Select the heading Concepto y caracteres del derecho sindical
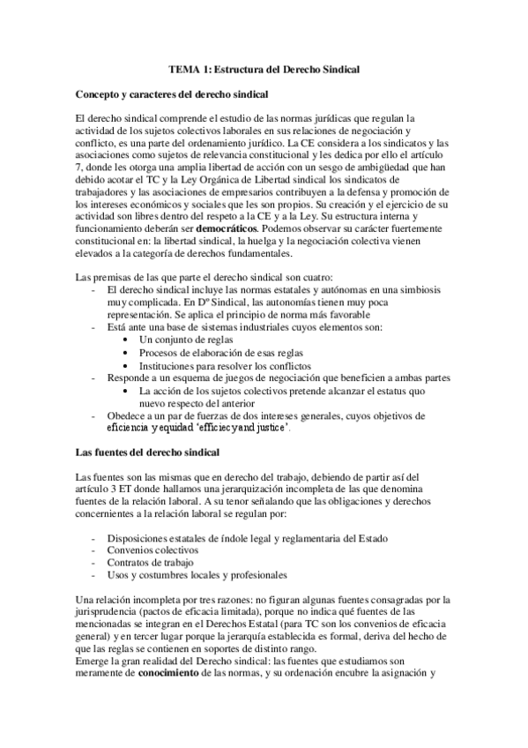(x=173, y=93)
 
